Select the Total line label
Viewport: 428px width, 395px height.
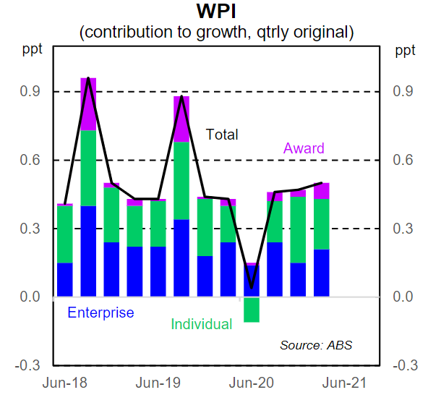(222, 135)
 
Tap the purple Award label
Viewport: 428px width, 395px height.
(304, 148)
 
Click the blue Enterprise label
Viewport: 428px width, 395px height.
(100, 313)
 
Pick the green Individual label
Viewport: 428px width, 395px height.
(201, 324)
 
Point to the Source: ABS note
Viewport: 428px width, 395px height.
(317, 344)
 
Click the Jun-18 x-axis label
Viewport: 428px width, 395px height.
(64, 383)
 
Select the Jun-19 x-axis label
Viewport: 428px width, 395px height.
(158, 383)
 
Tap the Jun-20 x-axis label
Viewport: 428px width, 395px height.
(251, 383)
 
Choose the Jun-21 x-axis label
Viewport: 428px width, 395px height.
(344, 383)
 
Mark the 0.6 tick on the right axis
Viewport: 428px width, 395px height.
(404, 160)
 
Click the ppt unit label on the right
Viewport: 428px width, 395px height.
(404, 51)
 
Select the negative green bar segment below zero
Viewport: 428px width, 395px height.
(252, 309)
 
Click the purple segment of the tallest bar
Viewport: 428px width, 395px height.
(88, 103)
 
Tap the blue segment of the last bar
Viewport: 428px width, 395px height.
(321, 273)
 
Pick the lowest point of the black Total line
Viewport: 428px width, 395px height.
(252, 288)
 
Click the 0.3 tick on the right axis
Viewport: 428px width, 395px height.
(404, 229)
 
